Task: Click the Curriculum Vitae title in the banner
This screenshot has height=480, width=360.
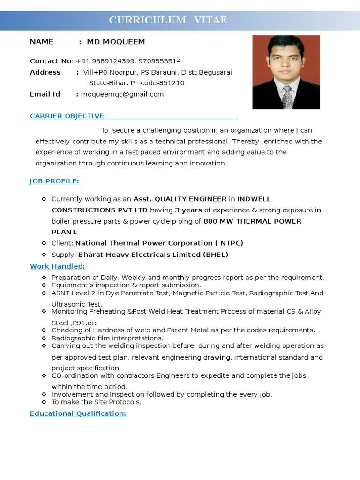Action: point(168,20)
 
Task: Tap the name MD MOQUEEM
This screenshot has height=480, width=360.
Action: point(116,42)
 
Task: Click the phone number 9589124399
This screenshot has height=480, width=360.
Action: point(110,61)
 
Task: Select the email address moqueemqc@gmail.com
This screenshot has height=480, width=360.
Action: point(122,94)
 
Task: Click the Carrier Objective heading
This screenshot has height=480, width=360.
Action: point(68,116)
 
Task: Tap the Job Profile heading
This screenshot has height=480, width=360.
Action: point(54,181)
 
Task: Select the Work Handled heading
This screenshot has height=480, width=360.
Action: point(57,266)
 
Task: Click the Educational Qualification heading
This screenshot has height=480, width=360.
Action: point(78,413)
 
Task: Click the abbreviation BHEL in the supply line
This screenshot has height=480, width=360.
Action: point(215,255)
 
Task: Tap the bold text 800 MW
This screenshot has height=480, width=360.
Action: point(217,221)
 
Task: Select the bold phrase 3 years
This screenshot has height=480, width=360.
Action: point(188,210)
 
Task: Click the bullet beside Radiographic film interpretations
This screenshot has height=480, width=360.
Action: point(44,338)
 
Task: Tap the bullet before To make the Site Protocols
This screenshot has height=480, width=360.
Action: point(44,402)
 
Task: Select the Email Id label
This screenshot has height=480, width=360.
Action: point(45,94)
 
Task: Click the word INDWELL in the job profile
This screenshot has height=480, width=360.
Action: point(254,199)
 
